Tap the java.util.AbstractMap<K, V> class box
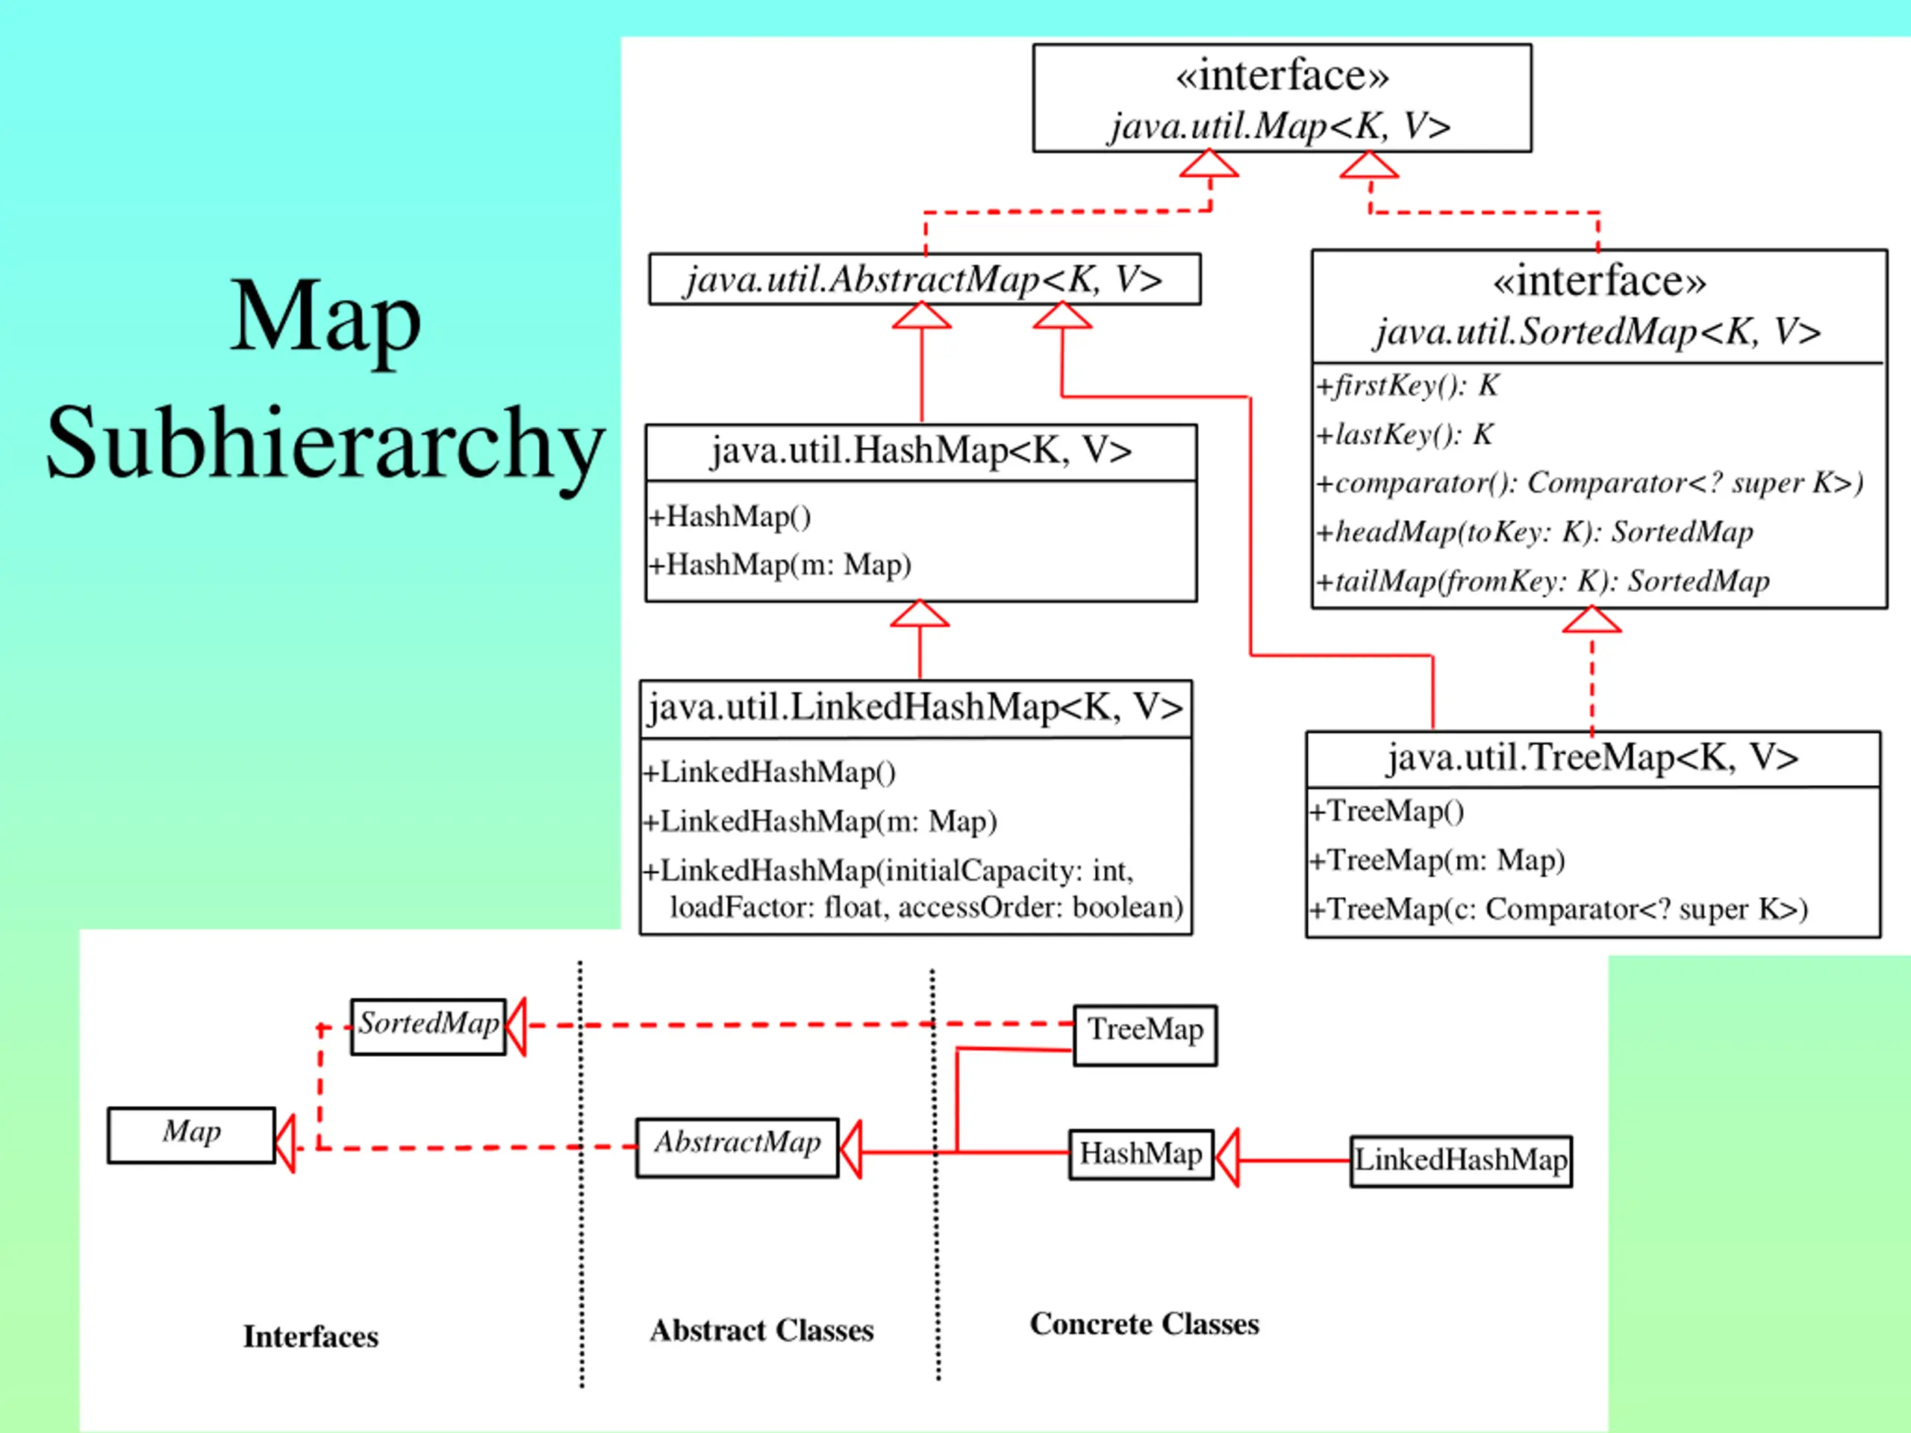[924, 279]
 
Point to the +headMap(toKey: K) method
[1534, 532]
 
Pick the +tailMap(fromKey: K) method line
[1543, 581]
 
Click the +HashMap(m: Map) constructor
[780, 565]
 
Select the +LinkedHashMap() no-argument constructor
[769, 772]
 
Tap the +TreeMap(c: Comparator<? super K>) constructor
[1559, 910]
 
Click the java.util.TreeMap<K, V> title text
[1593, 758]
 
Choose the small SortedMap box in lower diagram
[428, 1027]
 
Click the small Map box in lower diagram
[192, 1135]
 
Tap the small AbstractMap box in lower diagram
[737, 1148]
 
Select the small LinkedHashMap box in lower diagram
[1461, 1161]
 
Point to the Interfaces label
[311, 1336]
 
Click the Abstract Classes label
[762, 1330]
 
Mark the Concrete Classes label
[1144, 1323]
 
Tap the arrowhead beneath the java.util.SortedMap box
[1592, 620]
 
